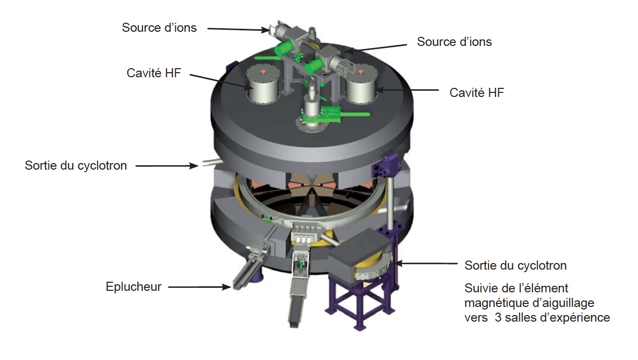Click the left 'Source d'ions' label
click(x=159, y=28)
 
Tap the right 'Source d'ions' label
click(x=454, y=42)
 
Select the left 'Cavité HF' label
click(x=154, y=73)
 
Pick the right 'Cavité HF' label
click(x=477, y=93)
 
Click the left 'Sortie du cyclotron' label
click(x=76, y=166)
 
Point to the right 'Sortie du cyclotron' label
click(x=516, y=266)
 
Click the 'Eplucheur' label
click(x=133, y=287)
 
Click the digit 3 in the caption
click(x=498, y=318)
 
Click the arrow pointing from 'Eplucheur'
click(x=200, y=287)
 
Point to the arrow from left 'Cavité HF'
click(x=222, y=81)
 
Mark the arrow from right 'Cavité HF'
click(x=407, y=90)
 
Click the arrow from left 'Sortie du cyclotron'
click(x=167, y=166)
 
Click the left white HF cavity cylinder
click(x=263, y=84)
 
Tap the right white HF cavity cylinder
click(x=361, y=84)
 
